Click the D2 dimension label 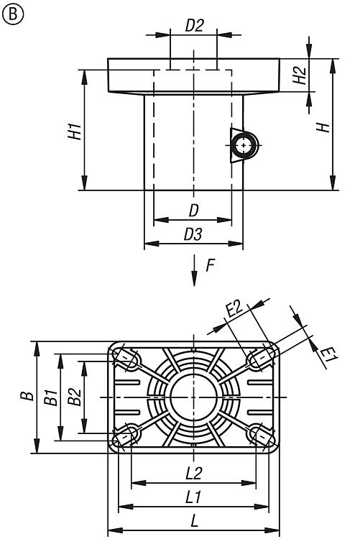click(194, 26)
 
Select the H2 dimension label click(299, 75)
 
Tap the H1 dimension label click(75, 131)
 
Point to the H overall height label click(323, 127)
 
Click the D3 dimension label click(193, 234)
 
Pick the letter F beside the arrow click(210, 265)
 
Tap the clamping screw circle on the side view click(244, 145)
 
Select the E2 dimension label click(234, 309)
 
